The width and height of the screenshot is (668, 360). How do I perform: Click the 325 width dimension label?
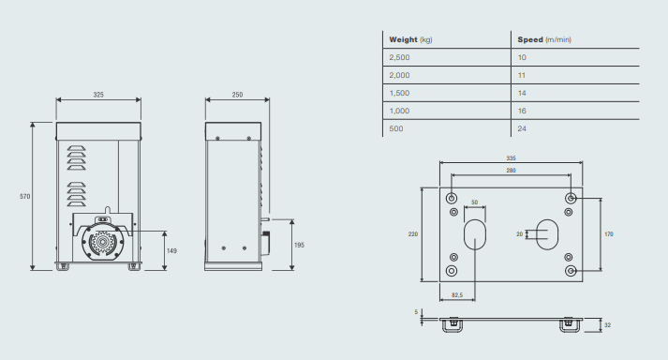(98, 95)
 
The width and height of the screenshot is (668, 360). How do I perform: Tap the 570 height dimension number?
(25, 197)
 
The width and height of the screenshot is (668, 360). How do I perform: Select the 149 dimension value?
(171, 251)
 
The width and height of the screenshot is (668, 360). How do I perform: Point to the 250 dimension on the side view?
(237, 95)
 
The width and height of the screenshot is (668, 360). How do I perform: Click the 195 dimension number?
(299, 246)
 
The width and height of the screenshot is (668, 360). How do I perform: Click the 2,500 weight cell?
(399, 57)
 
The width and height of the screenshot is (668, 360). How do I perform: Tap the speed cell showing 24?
(522, 128)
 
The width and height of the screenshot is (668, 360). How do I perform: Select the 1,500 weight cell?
(399, 93)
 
